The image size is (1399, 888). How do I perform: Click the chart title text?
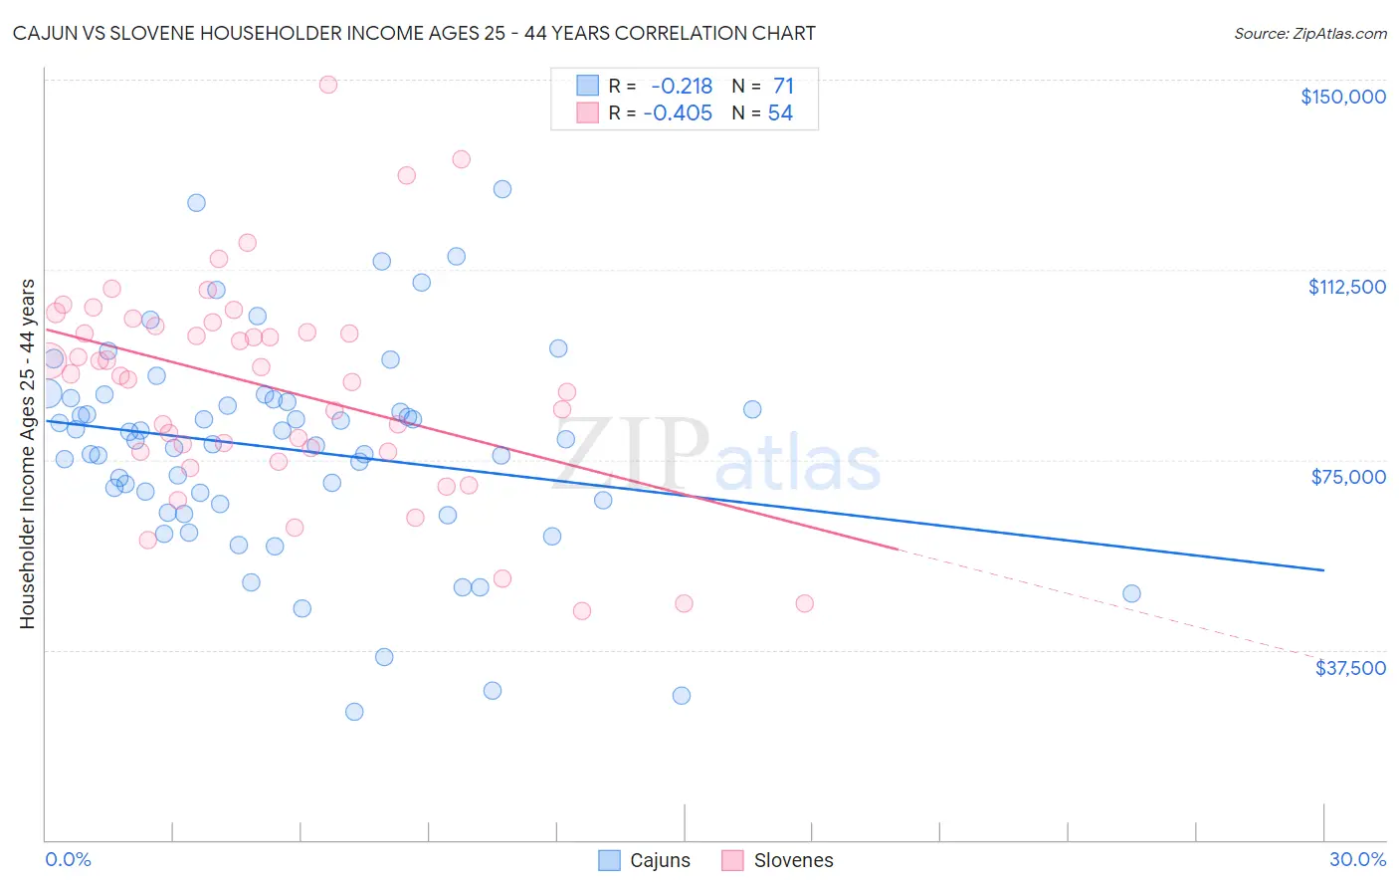click(414, 33)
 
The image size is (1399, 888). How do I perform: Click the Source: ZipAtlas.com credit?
click(1309, 33)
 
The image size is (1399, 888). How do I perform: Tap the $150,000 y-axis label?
click(1342, 97)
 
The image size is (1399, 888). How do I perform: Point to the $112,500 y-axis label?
click(1346, 287)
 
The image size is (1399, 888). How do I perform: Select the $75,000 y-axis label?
click(1348, 477)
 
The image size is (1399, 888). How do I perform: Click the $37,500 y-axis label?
click(1350, 668)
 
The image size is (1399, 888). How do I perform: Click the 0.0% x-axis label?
click(68, 859)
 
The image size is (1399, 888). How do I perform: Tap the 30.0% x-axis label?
click(1357, 859)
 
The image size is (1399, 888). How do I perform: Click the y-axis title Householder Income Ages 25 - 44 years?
click(27, 454)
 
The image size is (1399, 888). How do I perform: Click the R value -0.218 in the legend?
click(682, 87)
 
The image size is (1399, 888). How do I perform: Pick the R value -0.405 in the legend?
click(678, 113)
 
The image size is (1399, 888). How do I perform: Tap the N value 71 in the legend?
click(783, 87)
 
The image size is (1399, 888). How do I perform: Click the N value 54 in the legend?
click(780, 113)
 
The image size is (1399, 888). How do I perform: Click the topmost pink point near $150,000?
click(327, 85)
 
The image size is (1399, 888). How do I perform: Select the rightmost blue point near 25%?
click(1131, 593)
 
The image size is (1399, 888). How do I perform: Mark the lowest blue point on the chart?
click(354, 712)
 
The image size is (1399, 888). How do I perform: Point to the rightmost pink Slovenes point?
click(805, 603)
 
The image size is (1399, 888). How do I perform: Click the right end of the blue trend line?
click(1323, 569)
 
